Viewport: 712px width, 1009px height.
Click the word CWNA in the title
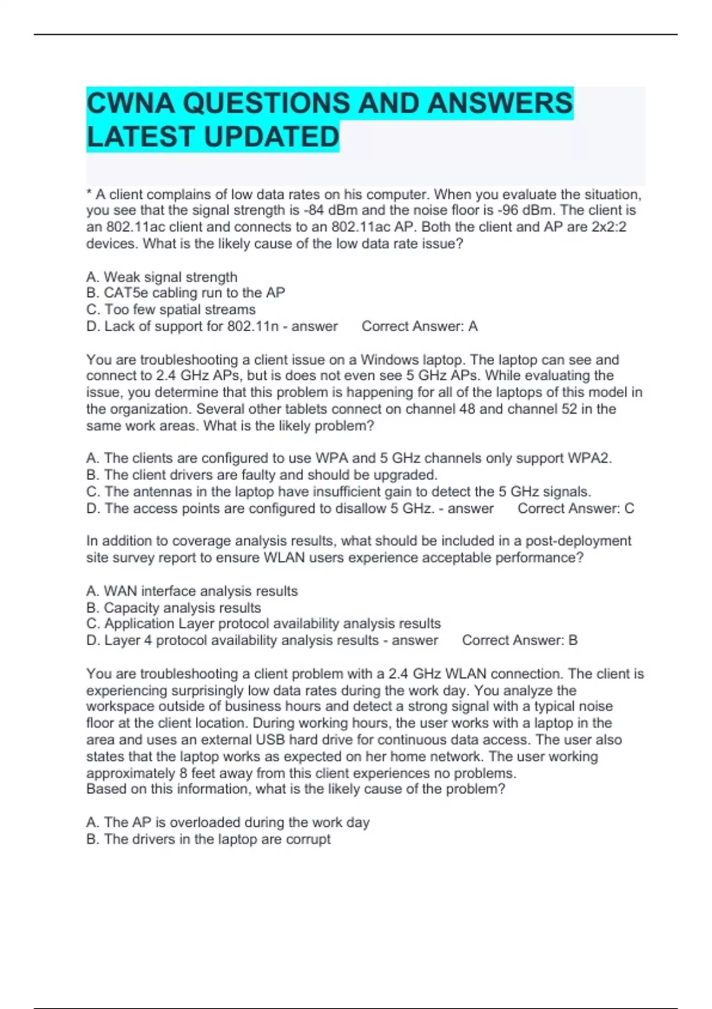click(131, 103)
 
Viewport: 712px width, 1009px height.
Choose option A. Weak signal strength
click(161, 277)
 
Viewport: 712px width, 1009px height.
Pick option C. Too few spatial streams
click(171, 309)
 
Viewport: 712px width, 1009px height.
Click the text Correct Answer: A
click(419, 326)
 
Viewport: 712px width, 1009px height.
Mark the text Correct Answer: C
click(576, 508)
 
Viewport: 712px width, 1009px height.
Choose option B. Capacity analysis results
click(173, 608)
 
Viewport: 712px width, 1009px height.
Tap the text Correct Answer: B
click(519, 640)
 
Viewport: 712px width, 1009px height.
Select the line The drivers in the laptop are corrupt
click(208, 839)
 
